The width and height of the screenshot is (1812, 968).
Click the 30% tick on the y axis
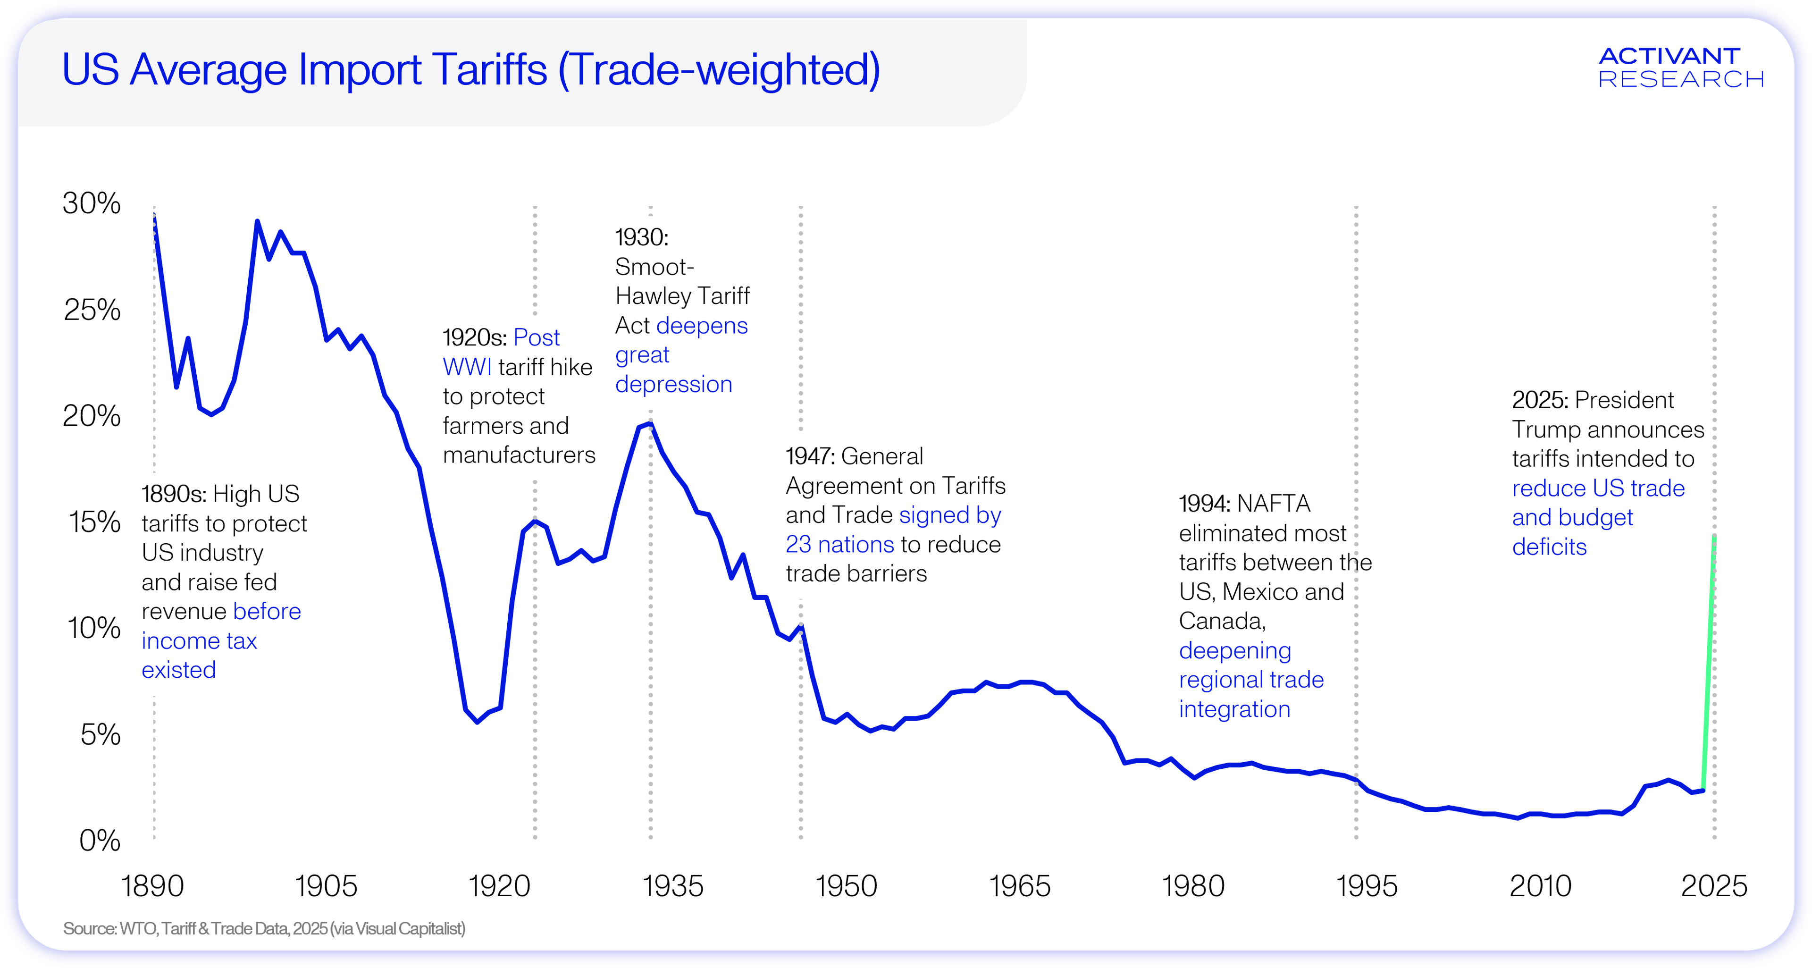point(92,204)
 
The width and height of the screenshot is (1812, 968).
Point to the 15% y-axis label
point(94,522)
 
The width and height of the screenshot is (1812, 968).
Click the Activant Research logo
point(1680,67)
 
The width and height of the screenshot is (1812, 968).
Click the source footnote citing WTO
point(264,929)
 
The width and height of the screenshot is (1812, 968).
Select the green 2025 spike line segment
point(1709,661)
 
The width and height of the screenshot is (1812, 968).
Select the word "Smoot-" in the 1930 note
point(654,267)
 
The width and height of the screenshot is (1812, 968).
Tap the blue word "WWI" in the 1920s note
point(467,367)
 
